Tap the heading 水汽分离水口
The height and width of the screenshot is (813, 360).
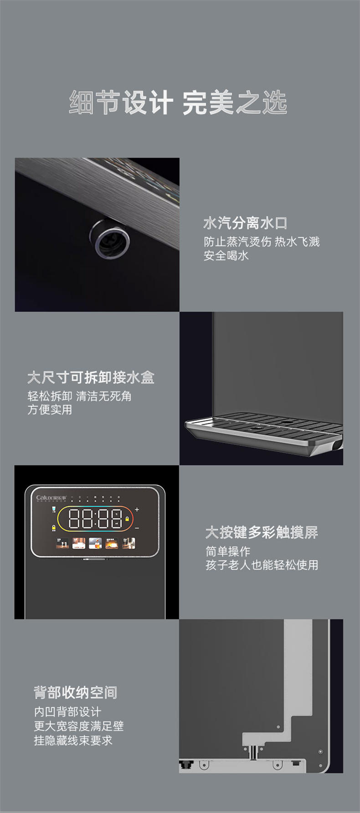(x=245, y=223)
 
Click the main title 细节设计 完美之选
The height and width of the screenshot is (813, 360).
(x=178, y=103)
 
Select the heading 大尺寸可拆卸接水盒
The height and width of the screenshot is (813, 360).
(x=91, y=378)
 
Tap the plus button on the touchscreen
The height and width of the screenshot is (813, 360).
(x=137, y=510)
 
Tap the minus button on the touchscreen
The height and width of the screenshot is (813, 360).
(x=137, y=528)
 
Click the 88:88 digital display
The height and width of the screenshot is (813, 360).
(x=95, y=519)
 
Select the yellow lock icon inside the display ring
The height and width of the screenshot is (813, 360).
(x=127, y=519)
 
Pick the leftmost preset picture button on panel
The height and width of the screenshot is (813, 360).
(x=62, y=543)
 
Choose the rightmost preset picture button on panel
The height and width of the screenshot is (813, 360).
(x=129, y=543)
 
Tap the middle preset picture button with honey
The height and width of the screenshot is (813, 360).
(x=95, y=543)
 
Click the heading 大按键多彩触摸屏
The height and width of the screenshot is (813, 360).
(x=262, y=532)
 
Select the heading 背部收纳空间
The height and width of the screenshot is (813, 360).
(x=76, y=693)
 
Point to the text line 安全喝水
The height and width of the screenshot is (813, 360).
(x=226, y=256)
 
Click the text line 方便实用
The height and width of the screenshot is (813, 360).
(x=50, y=409)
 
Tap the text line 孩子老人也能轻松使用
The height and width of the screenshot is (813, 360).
(x=262, y=565)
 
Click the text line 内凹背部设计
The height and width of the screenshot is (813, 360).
(x=67, y=712)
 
